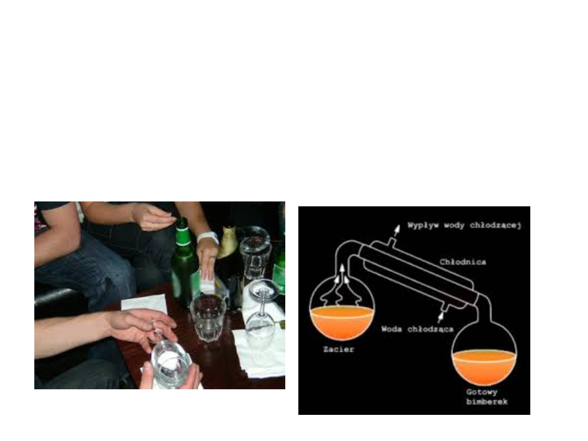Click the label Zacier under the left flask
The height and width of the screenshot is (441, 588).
pyautogui.click(x=339, y=349)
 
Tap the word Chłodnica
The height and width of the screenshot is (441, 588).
pyautogui.click(x=463, y=262)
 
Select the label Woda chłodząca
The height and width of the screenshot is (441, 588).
pyautogui.click(x=418, y=329)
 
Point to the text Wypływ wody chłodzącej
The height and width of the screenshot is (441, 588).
pyautogui.click(x=464, y=225)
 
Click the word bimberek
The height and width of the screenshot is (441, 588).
pyautogui.click(x=487, y=401)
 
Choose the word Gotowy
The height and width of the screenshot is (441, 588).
pyautogui.click(x=482, y=392)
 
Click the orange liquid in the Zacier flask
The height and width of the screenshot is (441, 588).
pyautogui.click(x=341, y=322)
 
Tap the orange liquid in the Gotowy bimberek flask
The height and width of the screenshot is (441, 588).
pyautogui.click(x=484, y=367)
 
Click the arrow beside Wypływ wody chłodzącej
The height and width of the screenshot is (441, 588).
pyautogui.click(x=396, y=230)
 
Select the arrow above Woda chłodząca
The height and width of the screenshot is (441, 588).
pyautogui.click(x=440, y=317)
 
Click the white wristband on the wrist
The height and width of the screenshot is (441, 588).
pyautogui.click(x=208, y=237)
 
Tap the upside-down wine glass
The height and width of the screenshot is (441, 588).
pyautogui.click(x=262, y=311)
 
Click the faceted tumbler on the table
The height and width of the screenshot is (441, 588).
pyautogui.click(x=208, y=317)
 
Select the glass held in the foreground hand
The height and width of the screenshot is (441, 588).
pyautogui.click(x=171, y=364)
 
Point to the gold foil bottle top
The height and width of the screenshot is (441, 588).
pyautogui.click(x=228, y=242)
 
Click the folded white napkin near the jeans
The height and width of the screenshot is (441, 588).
pyautogui.click(x=144, y=303)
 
